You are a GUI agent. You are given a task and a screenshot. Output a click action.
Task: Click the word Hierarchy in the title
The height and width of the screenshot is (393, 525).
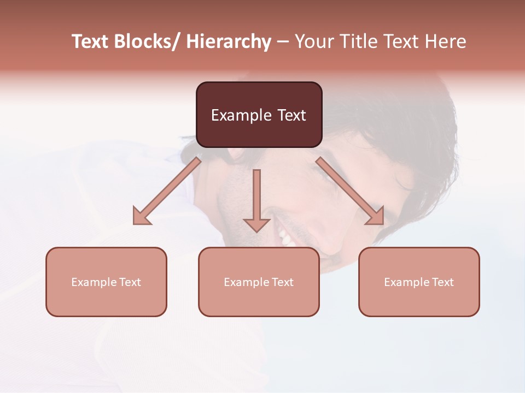tap(229, 42)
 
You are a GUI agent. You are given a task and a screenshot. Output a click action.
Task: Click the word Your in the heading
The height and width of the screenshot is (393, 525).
tap(313, 42)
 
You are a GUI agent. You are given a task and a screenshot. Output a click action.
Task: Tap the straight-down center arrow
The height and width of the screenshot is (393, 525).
tap(256, 196)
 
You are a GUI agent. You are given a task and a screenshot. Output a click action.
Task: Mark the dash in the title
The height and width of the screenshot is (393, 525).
tap(283, 42)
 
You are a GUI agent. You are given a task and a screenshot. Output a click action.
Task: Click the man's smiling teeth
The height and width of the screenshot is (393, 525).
tap(285, 237)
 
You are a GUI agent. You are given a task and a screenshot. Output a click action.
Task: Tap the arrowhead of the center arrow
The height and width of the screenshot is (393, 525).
tap(256, 225)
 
